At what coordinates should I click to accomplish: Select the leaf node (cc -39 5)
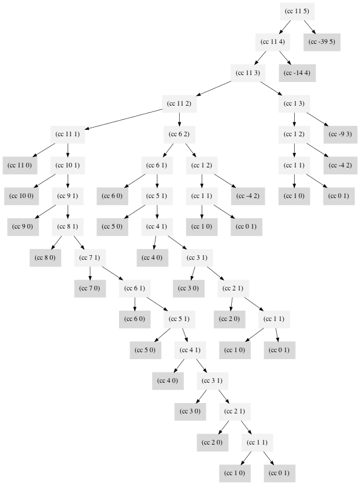pos(322,42)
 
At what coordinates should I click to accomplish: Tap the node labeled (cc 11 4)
pos(272,42)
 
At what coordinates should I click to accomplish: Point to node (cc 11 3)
pos(248,73)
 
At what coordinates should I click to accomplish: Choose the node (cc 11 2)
pos(179,103)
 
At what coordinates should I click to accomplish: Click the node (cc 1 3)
pos(294,103)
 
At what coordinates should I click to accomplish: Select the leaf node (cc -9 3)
pos(341,135)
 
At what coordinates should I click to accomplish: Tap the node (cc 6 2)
pos(179,135)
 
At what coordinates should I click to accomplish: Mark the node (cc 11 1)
pos(68,135)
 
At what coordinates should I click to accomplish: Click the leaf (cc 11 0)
pos(20,165)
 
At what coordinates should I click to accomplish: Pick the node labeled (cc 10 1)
pos(68,165)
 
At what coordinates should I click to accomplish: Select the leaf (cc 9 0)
pos(23,226)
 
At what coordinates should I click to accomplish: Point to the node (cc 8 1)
pos(68,226)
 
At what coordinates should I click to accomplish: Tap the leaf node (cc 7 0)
pos(90,288)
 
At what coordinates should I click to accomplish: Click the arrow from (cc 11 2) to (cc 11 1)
pos(124,119)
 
